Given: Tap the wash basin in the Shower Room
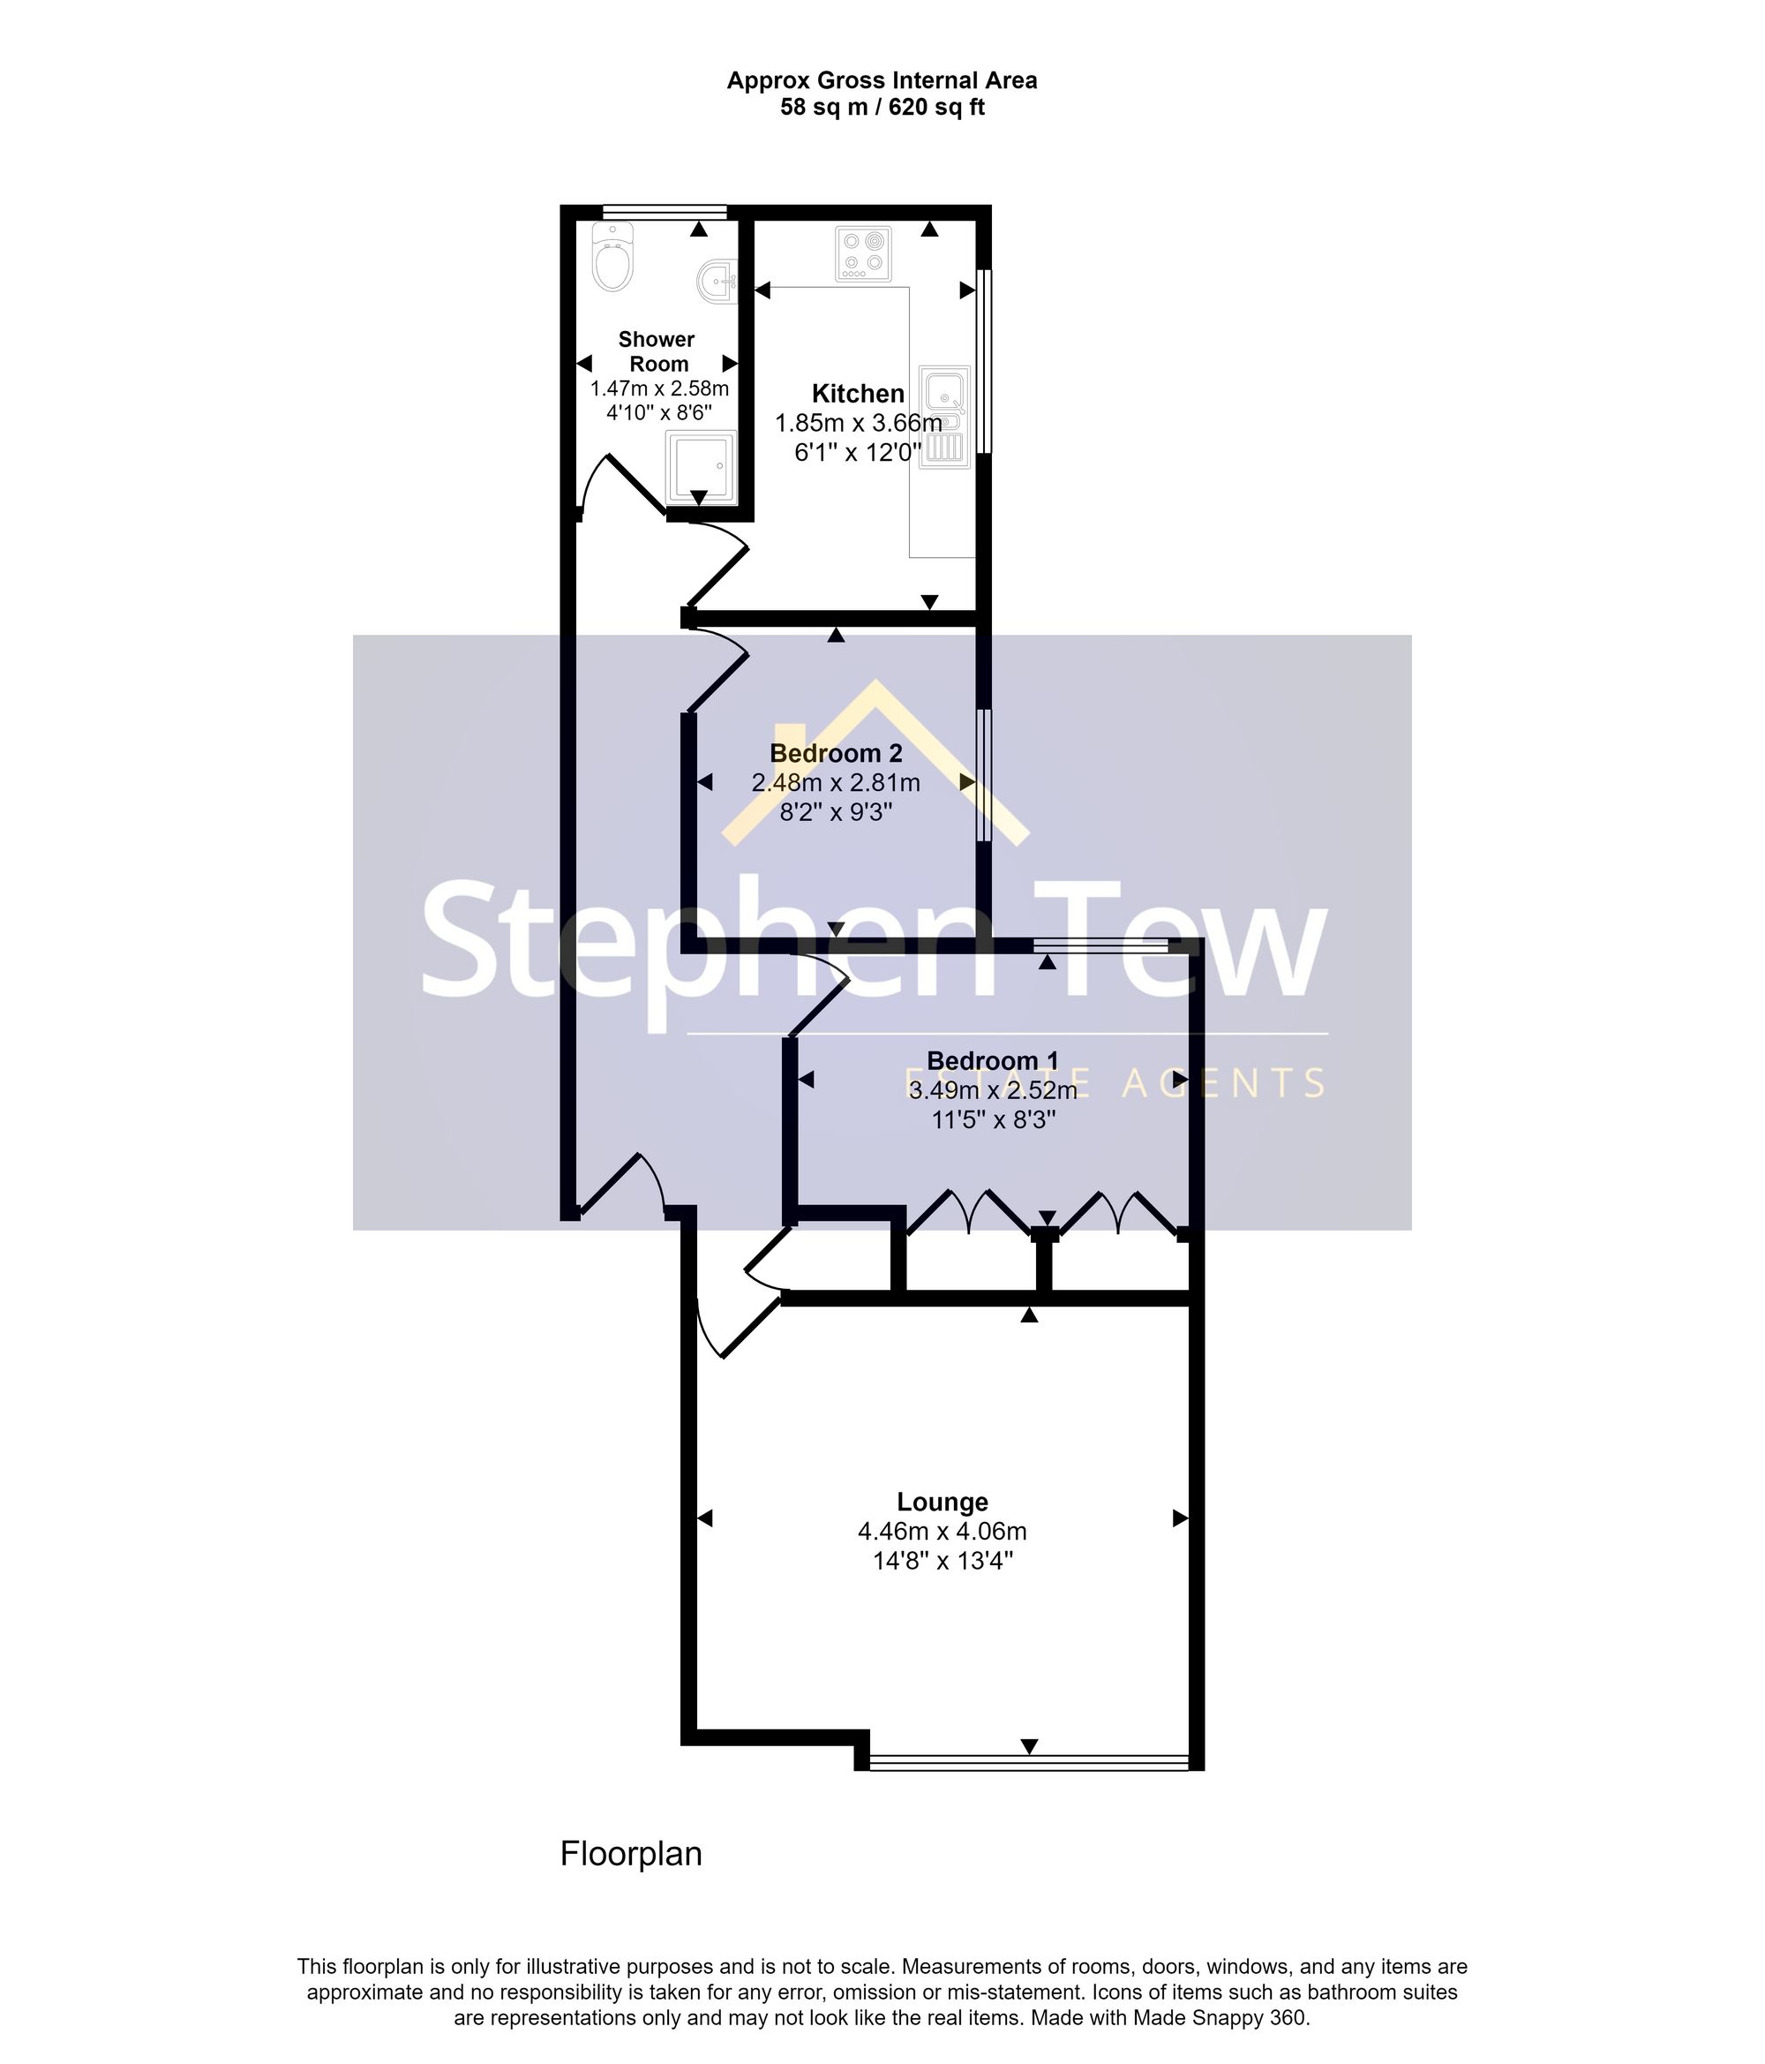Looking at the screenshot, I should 715,281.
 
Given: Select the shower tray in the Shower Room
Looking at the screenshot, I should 702,467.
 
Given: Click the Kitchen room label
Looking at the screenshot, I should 858,394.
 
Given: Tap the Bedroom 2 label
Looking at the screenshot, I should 836,753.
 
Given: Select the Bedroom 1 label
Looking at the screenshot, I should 992,1061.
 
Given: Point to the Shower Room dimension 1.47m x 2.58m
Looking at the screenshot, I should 659,388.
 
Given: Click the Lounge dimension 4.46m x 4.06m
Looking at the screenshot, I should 943,1531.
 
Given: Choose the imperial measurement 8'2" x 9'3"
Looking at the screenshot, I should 836,812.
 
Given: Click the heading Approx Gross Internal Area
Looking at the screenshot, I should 882,80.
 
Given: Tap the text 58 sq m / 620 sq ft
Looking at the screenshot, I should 882,107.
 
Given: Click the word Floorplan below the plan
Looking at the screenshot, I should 630,1854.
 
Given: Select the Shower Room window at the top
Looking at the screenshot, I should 665,211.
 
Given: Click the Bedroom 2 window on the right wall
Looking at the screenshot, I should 984,775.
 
